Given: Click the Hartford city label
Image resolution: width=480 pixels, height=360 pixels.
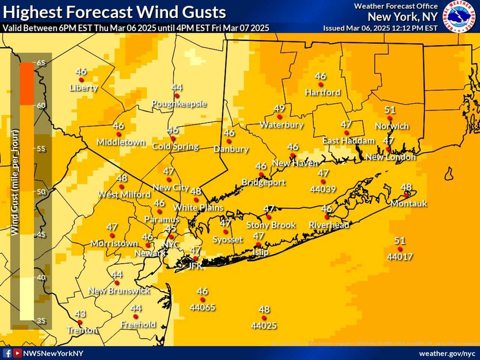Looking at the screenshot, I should tap(322, 92).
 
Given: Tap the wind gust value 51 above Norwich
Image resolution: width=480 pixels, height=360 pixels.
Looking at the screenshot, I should tap(390, 110).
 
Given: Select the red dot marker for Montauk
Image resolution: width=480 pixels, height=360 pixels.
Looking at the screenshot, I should tap(406, 195).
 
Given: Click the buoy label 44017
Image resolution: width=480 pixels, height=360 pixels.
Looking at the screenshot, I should tap(400, 257).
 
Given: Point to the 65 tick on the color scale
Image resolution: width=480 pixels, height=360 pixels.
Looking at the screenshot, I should tap(40, 63).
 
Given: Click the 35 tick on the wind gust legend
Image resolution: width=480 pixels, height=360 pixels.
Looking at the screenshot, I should tap(40, 321).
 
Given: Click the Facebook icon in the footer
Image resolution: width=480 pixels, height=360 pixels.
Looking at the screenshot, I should tap(7, 353).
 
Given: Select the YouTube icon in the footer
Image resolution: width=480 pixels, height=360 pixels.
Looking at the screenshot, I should tap(17, 353).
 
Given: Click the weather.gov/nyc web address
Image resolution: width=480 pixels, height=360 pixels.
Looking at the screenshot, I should tap(447, 354).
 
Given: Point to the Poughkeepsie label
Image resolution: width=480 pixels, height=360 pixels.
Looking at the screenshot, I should tap(179, 104).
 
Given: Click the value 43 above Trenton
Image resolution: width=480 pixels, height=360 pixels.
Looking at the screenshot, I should tap(80, 313).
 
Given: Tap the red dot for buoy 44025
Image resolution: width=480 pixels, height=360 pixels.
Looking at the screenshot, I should tap(264, 318).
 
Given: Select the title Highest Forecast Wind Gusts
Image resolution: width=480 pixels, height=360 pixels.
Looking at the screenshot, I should tap(114, 12).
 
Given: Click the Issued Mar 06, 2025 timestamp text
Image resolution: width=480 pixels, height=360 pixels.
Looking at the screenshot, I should tap(380, 28).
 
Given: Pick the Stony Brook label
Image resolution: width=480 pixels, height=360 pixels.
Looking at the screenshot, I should tap(271, 225).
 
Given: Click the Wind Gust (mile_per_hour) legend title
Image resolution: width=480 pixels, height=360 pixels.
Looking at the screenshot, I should tap(15, 182).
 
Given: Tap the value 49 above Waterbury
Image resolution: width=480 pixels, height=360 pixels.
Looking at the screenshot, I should tap(279, 108).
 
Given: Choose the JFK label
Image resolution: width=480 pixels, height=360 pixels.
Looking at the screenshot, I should tap(195, 266).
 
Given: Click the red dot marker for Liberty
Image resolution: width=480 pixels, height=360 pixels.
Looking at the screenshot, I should tap(81, 80).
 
